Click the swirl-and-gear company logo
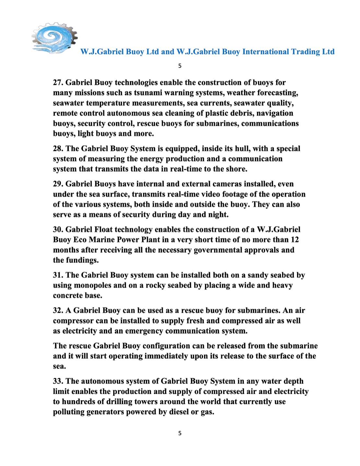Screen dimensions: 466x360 [x=54, y=38]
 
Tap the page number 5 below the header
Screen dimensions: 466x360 [x=180, y=66]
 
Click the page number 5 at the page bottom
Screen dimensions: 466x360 [x=180, y=433]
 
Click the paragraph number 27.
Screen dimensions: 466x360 [x=58, y=83]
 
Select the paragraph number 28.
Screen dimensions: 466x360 [x=58, y=149]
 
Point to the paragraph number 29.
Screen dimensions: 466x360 [x=58, y=184]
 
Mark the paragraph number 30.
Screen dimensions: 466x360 [x=58, y=230]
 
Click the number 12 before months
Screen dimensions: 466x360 [x=294, y=240]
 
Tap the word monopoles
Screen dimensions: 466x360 [x=93, y=286]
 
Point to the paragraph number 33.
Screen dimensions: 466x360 [x=58, y=381]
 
